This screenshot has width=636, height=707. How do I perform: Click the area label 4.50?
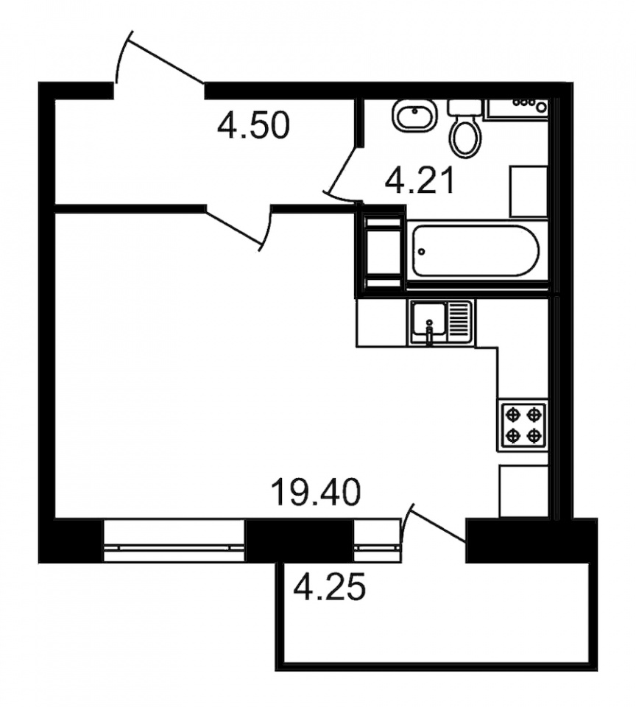[x=252, y=126]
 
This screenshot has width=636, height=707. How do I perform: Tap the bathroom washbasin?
[x=414, y=116]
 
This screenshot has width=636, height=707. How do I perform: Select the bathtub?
[x=476, y=251]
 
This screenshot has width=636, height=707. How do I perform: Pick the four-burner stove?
[x=523, y=425]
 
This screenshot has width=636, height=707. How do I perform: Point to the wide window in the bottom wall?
[x=174, y=540]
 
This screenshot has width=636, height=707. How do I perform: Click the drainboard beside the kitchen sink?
[x=459, y=323]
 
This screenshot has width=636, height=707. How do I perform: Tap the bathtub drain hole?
[x=422, y=251]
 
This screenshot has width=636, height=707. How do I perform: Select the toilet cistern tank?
[x=464, y=107]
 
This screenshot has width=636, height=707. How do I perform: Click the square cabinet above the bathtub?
[x=529, y=191]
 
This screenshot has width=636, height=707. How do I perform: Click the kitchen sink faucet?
[x=429, y=333]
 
